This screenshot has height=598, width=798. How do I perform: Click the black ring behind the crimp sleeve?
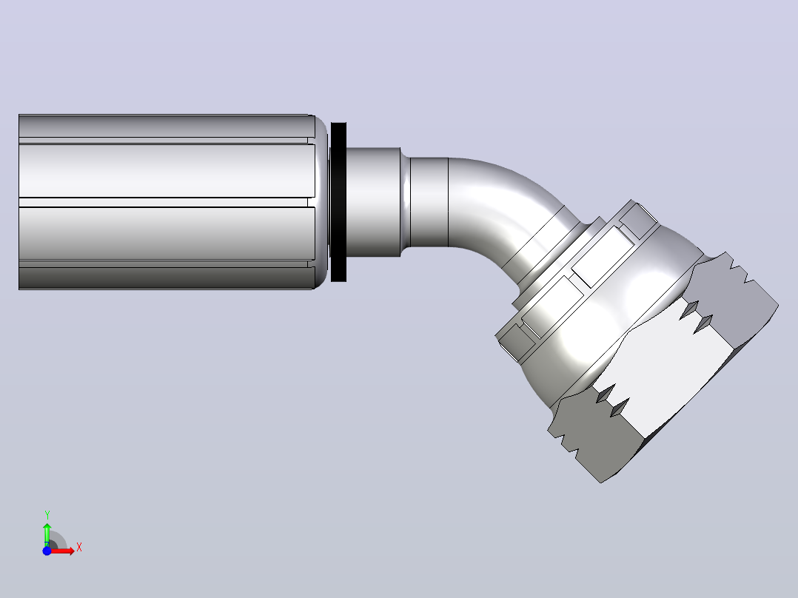pos(338,202)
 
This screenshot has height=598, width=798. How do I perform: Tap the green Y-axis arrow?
pos(47,534)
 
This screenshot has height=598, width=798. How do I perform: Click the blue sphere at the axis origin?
pos(47,551)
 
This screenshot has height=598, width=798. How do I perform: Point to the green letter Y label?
pos(47,514)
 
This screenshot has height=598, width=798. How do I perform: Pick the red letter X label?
pos(79,548)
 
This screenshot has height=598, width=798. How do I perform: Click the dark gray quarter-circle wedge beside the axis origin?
pos(58,540)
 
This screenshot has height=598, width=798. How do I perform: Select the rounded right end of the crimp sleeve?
pos(321,202)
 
